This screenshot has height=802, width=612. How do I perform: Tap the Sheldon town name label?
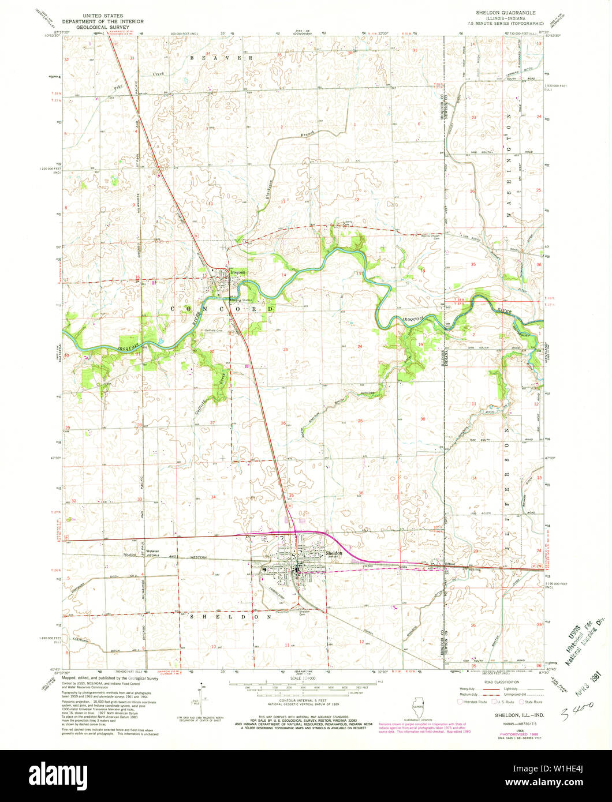coord(334,552)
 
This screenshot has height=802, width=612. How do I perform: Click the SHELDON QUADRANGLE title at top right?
coord(505,12)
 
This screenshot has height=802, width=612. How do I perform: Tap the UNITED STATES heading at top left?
coord(105,12)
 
